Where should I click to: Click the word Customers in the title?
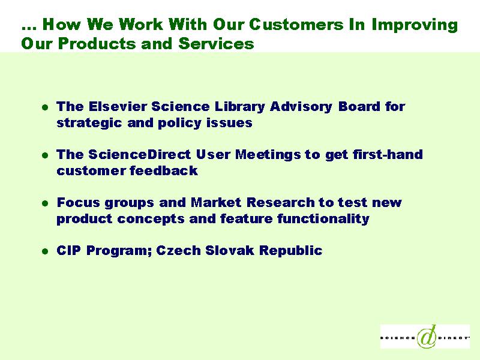pyautogui.click(x=296, y=25)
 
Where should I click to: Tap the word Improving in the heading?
pyautogui.click(x=415, y=25)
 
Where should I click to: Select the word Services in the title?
pyautogui.click(x=216, y=43)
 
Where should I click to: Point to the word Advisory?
pyautogui.click(x=301, y=107)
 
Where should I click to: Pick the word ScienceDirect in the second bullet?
pyautogui.click(x=140, y=154)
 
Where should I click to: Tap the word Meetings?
pyautogui.click(x=268, y=155)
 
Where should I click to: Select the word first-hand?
pyautogui.click(x=387, y=154)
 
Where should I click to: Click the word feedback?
pyautogui.click(x=163, y=170)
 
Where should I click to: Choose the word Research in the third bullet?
pyautogui.click(x=280, y=202)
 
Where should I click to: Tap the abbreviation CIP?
pyautogui.click(x=69, y=250)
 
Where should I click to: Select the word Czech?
pyautogui.click(x=178, y=250)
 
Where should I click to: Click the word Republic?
pyautogui.click(x=290, y=250)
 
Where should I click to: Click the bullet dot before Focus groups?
pyautogui.click(x=46, y=203)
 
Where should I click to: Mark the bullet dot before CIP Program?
pyautogui.click(x=46, y=251)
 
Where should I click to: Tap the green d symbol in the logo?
pyautogui.click(x=427, y=336)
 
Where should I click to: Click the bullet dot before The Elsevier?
pyautogui.click(x=46, y=107)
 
